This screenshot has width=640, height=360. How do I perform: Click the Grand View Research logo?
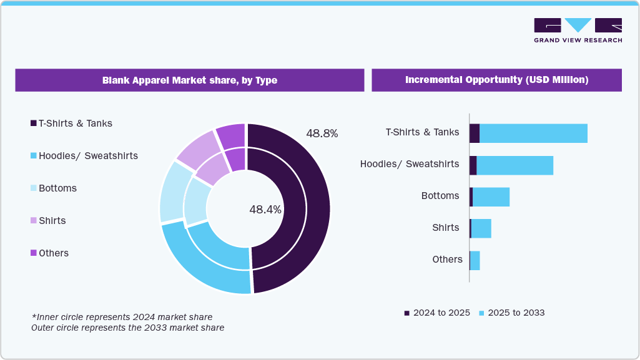click(x=578, y=30)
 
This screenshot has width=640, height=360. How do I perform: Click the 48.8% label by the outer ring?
click(x=322, y=134)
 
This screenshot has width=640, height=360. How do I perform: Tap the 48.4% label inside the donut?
click(x=265, y=210)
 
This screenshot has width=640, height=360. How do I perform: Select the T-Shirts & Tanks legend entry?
click(x=71, y=124)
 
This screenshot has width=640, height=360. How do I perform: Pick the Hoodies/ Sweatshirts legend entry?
click(x=84, y=156)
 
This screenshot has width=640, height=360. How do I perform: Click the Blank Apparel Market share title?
click(x=189, y=80)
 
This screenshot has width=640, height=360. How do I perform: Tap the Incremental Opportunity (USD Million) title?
click(x=496, y=80)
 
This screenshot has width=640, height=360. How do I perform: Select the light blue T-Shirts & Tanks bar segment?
click(x=533, y=133)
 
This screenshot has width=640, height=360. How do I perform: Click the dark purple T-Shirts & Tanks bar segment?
click(x=475, y=133)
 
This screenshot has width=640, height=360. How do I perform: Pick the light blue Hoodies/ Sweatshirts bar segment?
click(x=514, y=165)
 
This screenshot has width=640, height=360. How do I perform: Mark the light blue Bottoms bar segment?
click(x=491, y=197)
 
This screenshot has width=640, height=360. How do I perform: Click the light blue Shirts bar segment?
click(x=481, y=228)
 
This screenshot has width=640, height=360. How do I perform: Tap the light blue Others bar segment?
click(x=475, y=260)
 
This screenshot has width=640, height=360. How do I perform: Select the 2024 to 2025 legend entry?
click(x=437, y=313)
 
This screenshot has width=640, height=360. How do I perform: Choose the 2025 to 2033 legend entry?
click(x=511, y=313)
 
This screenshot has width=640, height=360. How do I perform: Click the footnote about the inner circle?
click(x=122, y=317)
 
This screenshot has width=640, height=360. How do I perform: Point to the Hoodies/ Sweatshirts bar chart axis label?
click(x=410, y=164)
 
